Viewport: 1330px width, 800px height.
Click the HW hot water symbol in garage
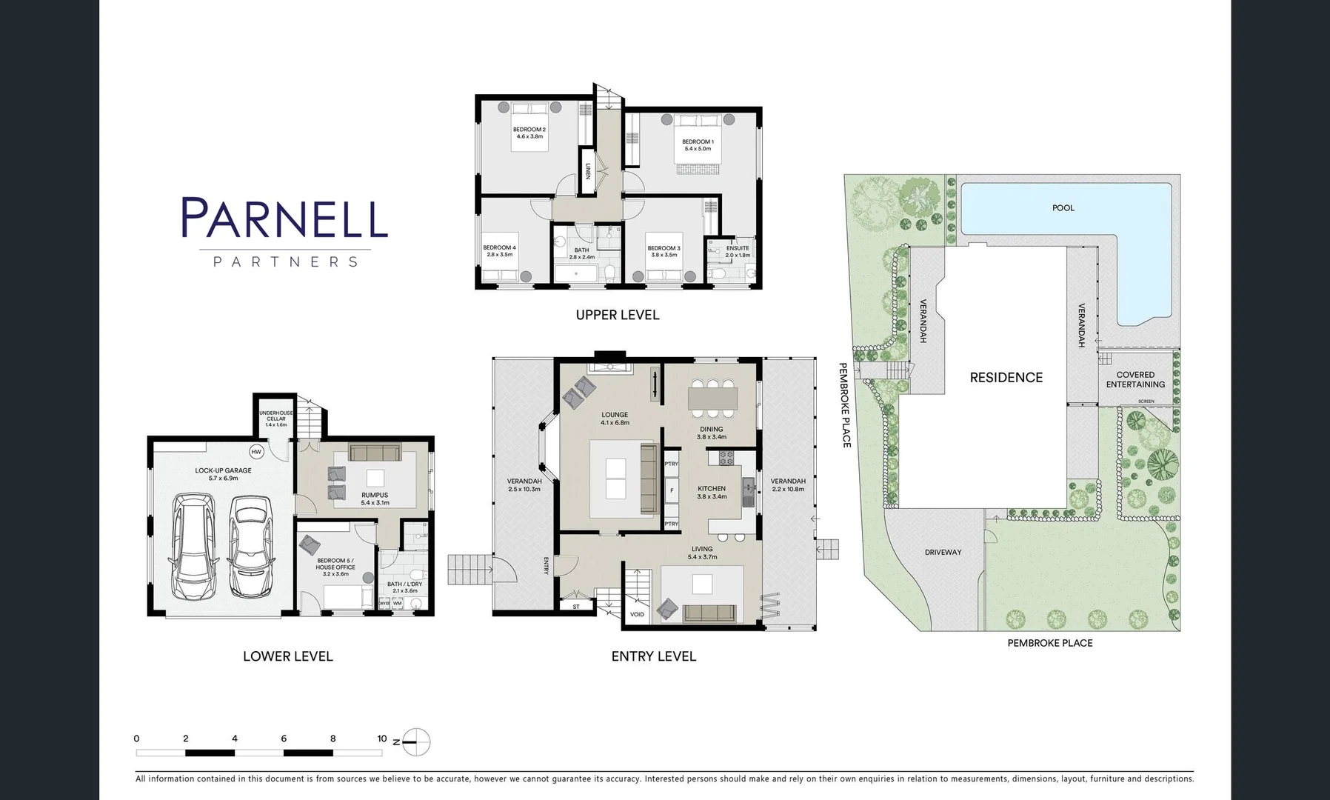tap(256, 452)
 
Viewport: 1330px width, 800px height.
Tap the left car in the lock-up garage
tap(194, 546)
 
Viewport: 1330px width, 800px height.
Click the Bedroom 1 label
tap(698, 141)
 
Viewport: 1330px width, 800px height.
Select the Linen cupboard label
tap(588, 172)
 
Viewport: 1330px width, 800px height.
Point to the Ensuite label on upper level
tap(738, 248)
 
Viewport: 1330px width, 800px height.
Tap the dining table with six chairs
tap(712, 398)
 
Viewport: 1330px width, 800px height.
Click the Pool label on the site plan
tap(1063, 208)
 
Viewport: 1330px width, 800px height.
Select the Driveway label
tap(943, 552)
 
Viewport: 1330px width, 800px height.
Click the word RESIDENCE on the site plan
tap(1006, 378)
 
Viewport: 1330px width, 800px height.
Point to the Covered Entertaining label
tap(1135, 379)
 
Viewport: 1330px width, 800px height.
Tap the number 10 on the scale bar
tap(381, 739)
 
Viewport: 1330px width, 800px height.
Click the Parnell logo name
tap(284, 218)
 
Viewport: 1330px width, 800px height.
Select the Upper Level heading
tap(617, 315)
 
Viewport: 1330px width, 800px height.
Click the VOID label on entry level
tap(637, 615)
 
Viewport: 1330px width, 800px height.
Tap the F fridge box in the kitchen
tap(672, 490)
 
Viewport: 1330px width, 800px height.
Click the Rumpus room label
tap(375, 495)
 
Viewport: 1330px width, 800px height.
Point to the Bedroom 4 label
tap(499, 247)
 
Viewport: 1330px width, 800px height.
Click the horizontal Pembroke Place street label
tap(1049, 643)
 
